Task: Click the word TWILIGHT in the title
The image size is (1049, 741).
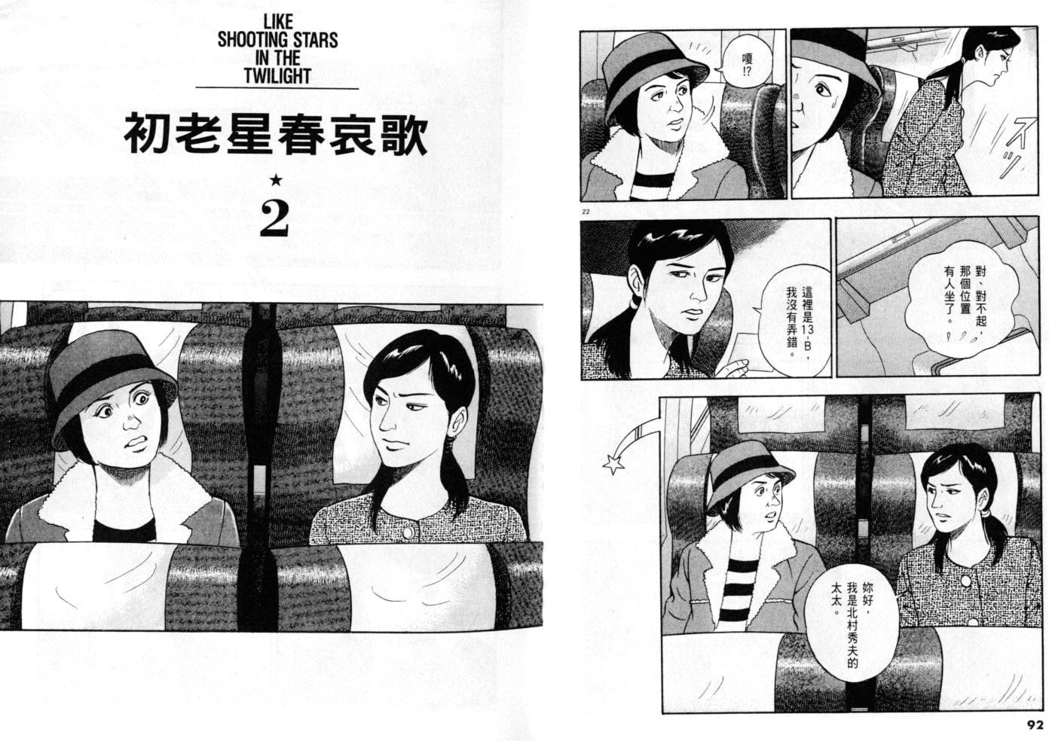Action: tap(277, 76)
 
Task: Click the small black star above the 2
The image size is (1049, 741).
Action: tap(277, 179)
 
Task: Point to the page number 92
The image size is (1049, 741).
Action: tap(1035, 725)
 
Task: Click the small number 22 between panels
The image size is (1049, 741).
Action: tap(586, 212)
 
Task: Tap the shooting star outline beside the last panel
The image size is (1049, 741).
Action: tap(613, 465)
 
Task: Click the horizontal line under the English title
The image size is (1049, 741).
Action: tap(277, 87)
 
